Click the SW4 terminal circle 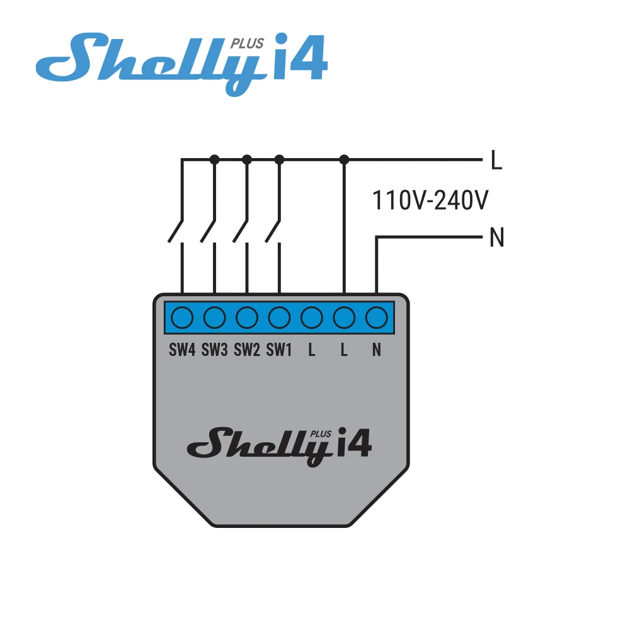pyautogui.click(x=182, y=318)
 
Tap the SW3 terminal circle pyautogui.click(x=215, y=318)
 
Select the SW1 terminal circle pyautogui.click(x=279, y=318)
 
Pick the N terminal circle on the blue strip pyautogui.click(x=377, y=318)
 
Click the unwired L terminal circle pyautogui.click(x=312, y=318)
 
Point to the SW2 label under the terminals pyautogui.click(x=247, y=350)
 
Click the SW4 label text pyautogui.click(x=182, y=350)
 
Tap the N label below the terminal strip pyautogui.click(x=377, y=350)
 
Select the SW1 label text pyautogui.click(x=279, y=350)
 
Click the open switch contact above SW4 pyautogui.click(x=176, y=231)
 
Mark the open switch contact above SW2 pyautogui.click(x=240, y=231)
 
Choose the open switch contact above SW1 pyautogui.click(x=273, y=231)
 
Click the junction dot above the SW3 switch pyautogui.click(x=215, y=159)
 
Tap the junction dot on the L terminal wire pyautogui.click(x=344, y=159)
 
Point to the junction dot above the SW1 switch pyautogui.click(x=279, y=159)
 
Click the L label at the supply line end pyautogui.click(x=497, y=160)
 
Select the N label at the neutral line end pyautogui.click(x=496, y=238)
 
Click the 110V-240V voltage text pyautogui.click(x=430, y=200)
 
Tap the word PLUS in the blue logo pyautogui.click(x=247, y=43)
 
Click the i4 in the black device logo pyautogui.click(x=354, y=442)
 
